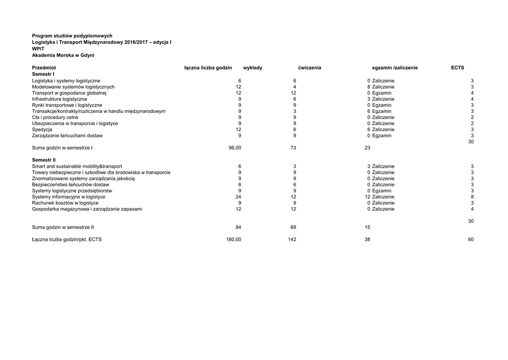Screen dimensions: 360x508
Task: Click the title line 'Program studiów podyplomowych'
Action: (x=72, y=36)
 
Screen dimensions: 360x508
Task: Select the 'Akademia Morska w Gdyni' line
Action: (x=63, y=55)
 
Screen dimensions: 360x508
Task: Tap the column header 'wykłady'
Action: (x=253, y=68)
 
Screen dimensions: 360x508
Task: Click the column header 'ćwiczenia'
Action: (x=310, y=68)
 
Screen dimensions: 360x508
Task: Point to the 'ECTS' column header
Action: (x=457, y=68)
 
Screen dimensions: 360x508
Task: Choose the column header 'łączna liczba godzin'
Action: (x=208, y=68)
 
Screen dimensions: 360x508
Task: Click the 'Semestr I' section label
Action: (x=43, y=74)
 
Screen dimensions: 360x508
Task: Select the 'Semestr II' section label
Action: (x=44, y=160)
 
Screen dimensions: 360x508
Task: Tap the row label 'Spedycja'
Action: (x=42, y=130)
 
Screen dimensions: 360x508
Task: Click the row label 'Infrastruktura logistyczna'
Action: (x=59, y=99)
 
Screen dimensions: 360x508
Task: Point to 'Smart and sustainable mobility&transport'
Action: (x=77, y=166)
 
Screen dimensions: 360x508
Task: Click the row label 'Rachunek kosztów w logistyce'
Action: (x=65, y=203)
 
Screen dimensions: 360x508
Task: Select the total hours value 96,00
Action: (x=235, y=147)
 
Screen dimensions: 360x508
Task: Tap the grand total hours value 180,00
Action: (x=234, y=239)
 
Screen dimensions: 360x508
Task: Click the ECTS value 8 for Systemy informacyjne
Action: (x=472, y=197)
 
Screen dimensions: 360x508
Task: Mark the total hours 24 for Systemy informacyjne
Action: (x=238, y=197)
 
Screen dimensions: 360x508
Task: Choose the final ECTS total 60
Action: (x=471, y=239)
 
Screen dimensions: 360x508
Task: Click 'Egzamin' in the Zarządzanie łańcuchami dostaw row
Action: (x=381, y=136)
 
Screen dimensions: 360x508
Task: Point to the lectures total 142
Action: (x=292, y=239)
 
